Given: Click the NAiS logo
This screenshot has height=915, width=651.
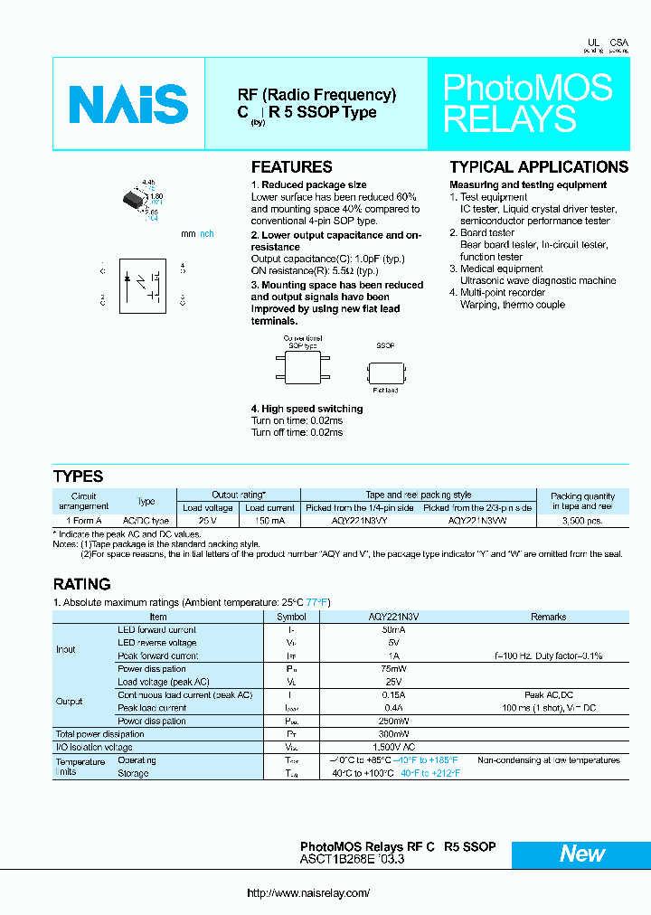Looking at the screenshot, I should click(x=127, y=104).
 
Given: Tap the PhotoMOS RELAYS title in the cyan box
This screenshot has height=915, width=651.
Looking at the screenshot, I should click(x=527, y=103).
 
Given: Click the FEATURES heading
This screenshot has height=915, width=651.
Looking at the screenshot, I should click(x=291, y=167).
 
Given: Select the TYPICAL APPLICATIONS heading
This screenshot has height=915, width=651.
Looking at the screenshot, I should click(x=538, y=167).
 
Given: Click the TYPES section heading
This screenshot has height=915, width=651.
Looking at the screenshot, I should click(x=79, y=476).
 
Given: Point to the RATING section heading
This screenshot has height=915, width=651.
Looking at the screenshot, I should click(x=82, y=584).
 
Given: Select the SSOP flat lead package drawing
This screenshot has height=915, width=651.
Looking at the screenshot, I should click(x=386, y=371).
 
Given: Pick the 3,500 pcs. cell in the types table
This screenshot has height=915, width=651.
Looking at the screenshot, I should click(x=581, y=521).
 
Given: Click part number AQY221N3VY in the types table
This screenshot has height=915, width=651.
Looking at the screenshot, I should click(x=359, y=521).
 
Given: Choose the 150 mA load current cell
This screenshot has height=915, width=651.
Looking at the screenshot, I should click(x=269, y=521).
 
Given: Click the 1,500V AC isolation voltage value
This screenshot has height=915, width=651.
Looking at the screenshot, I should click(x=393, y=748).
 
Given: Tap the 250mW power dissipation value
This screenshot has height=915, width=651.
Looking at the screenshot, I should click(x=393, y=722).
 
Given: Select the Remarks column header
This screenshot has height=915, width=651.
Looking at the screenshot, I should click(x=548, y=617).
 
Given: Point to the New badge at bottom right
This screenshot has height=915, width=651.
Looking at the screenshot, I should click(x=581, y=854).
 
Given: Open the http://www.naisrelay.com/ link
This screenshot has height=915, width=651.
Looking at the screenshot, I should click(x=308, y=893).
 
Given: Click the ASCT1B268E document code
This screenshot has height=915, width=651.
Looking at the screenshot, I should click(x=339, y=861).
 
